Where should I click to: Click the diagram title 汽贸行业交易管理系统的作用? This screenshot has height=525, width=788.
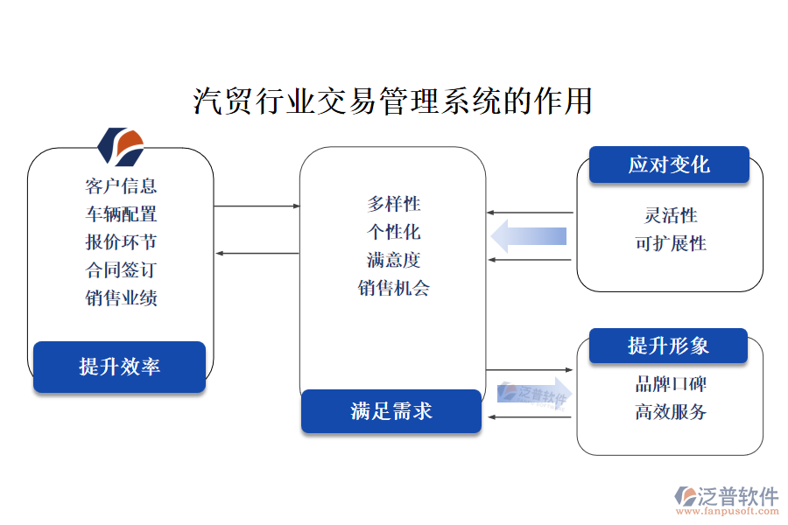(392, 101)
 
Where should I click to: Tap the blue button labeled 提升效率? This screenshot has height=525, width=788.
(119, 367)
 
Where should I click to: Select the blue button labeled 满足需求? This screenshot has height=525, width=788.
(391, 411)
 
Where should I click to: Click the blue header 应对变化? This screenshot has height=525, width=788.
(669, 164)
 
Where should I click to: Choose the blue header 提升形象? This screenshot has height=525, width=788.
(668, 346)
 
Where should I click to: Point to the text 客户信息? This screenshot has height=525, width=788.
(121, 185)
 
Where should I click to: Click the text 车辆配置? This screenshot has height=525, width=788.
(121, 213)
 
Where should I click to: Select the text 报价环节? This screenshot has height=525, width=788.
(121, 241)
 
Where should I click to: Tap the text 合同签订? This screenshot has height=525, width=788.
(121, 269)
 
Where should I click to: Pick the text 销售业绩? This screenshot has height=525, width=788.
(121, 297)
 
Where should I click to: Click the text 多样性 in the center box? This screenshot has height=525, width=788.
(394, 204)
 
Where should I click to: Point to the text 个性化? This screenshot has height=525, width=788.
(394, 232)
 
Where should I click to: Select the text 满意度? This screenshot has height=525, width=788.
(394, 260)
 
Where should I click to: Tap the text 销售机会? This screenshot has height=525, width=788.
(394, 288)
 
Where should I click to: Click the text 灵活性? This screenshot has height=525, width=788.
(671, 215)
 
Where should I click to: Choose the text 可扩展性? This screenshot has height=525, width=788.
(671, 243)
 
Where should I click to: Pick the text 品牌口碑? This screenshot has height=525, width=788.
(671, 383)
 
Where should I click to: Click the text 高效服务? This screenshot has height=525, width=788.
(671, 411)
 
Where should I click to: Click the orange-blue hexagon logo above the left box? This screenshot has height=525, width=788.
(120, 146)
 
